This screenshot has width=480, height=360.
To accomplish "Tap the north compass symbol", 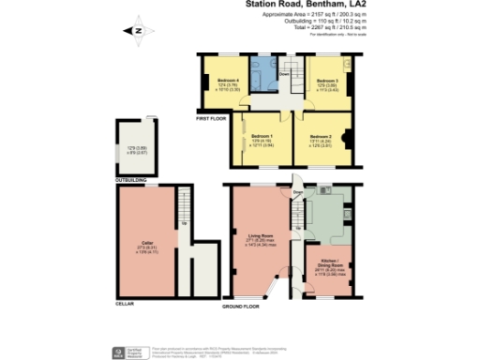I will coord(138,30).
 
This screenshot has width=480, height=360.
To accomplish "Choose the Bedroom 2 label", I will coord(322,137).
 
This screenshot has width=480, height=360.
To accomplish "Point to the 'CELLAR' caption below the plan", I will coord(124,304).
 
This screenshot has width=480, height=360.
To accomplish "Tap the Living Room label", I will coord(260,235).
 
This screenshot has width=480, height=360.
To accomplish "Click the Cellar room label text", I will coord(147,243).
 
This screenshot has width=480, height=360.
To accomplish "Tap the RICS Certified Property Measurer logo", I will coord(120,352).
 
